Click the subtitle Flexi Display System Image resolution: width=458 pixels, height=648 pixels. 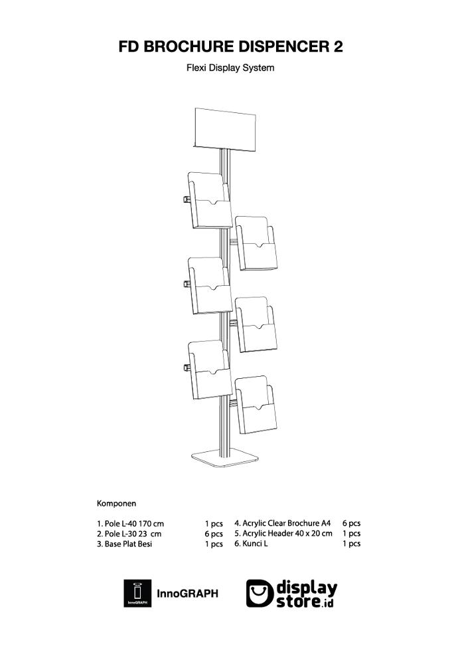pyautogui.click(x=230, y=68)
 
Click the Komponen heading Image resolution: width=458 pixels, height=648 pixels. pyautogui.click(x=116, y=503)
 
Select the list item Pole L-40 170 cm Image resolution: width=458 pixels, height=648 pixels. pyautogui.click(x=130, y=524)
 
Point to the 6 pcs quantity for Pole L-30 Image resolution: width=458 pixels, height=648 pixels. pyautogui.click(x=213, y=534)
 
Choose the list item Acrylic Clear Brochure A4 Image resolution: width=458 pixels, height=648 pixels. pyautogui.click(x=281, y=523)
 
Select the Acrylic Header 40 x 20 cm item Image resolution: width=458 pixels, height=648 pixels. pyautogui.click(x=283, y=533)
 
